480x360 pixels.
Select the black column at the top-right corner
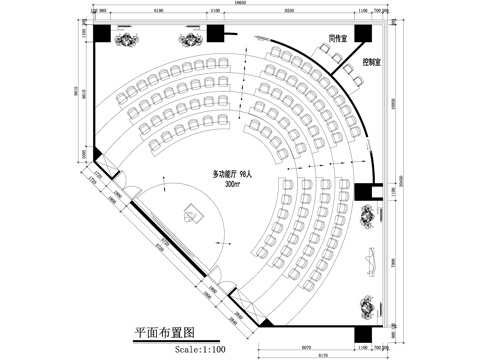click(x=363, y=32)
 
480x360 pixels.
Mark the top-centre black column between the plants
click(x=215, y=32)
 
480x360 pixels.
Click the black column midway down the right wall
click(x=361, y=193)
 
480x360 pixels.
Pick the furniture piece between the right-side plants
click(x=371, y=258)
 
